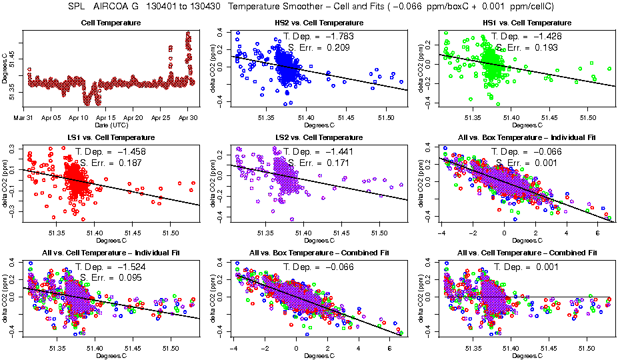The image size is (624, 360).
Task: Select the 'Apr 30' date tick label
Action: [x=189, y=117]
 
